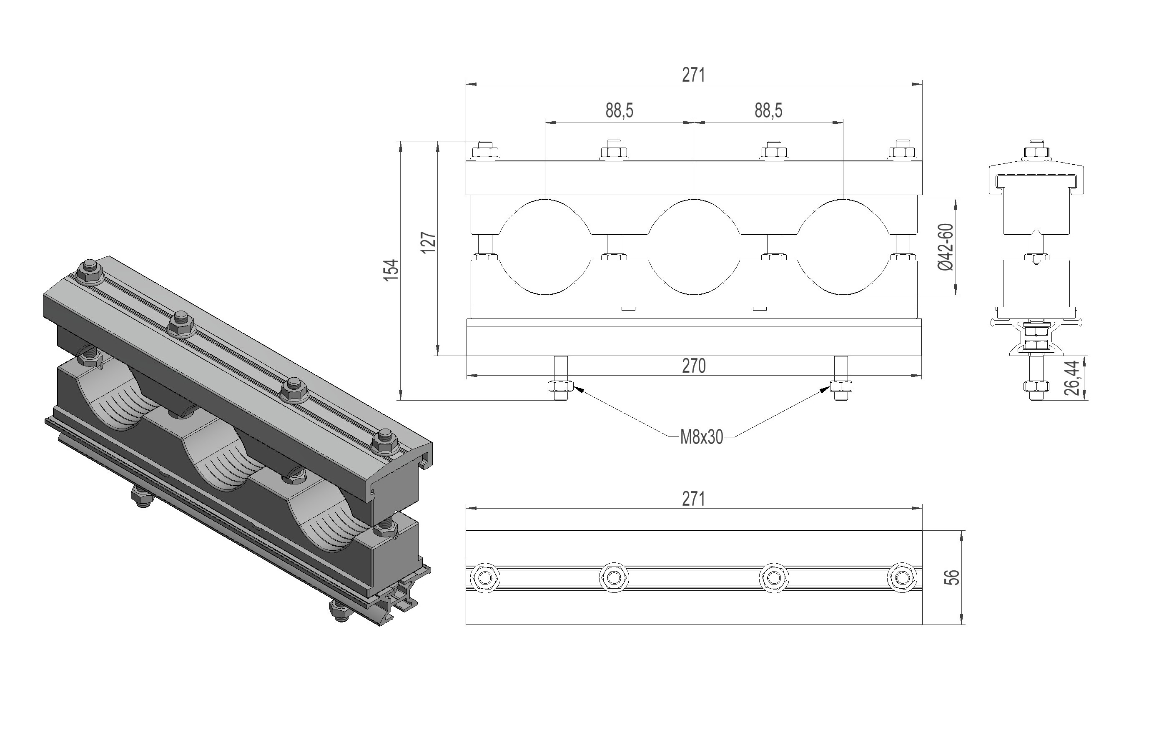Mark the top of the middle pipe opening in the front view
click(694, 199)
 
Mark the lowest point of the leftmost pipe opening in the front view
click(545, 295)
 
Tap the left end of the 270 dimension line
click(467, 376)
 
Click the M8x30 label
click(702, 437)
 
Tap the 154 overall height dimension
click(391, 270)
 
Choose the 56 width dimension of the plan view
click(953, 577)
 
